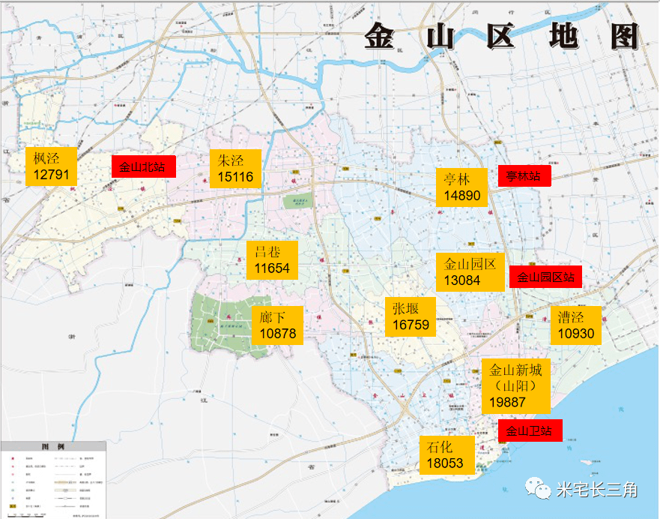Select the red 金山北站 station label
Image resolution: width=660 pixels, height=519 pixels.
143,166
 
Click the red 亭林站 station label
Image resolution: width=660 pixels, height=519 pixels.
524,176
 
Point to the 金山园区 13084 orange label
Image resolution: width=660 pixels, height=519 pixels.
470,271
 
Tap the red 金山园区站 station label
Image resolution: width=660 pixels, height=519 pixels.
545,277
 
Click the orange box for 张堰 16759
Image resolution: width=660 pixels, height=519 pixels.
410,316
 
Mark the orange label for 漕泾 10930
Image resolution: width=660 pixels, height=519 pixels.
575,325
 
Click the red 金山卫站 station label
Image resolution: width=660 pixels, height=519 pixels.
530,430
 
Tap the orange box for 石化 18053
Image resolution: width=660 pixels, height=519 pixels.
446,454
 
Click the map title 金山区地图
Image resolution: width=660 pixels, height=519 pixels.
502,36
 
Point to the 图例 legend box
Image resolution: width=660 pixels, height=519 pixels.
54,478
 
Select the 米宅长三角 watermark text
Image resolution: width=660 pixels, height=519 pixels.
596,490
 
